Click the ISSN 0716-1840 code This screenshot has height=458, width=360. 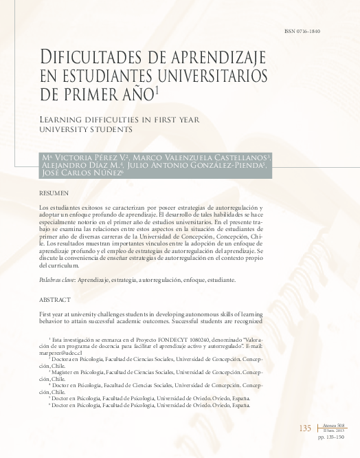[302, 32]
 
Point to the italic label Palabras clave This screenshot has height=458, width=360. [58, 281]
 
